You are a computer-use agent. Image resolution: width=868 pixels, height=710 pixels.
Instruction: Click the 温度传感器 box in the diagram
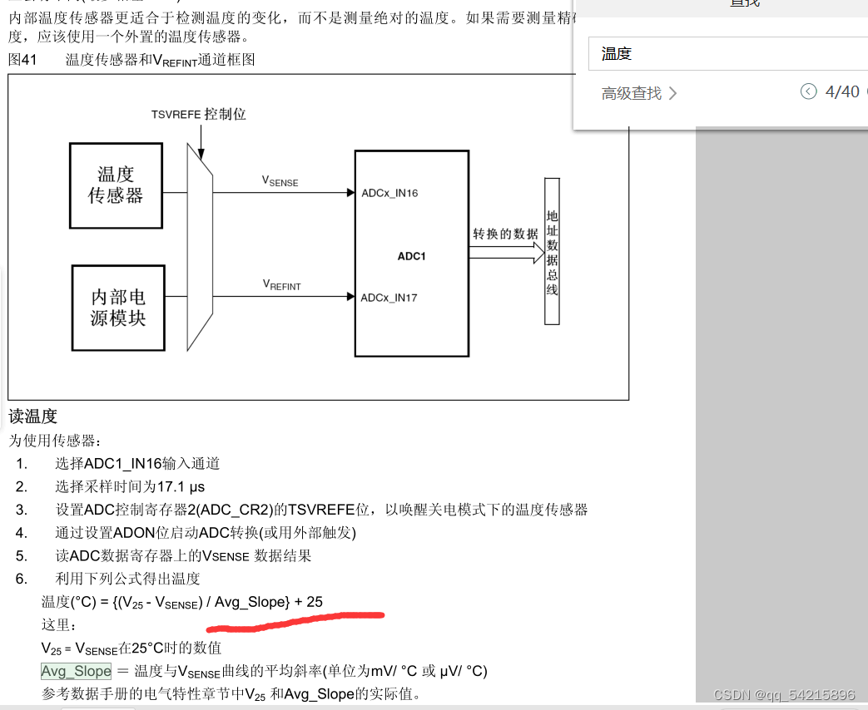(116, 185)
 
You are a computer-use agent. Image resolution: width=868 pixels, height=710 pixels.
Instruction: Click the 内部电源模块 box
(117, 307)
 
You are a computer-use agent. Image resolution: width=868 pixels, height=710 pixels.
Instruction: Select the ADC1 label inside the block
(411, 256)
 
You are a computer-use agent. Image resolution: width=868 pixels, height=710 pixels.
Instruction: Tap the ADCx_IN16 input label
(389, 193)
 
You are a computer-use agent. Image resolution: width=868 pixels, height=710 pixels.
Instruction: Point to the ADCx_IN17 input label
(389, 298)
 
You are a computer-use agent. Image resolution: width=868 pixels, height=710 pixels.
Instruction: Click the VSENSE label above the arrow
(280, 180)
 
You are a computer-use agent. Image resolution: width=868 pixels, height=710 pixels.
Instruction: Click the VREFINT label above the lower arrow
(282, 284)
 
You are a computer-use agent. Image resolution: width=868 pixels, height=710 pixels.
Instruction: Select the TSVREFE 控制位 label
(199, 115)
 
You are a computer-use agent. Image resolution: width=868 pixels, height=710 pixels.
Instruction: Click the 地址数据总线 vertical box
(552, 251)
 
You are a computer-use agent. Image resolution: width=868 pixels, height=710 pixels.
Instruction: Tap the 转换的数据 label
(506, 234)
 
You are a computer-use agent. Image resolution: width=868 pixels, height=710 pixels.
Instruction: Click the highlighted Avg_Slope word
(76, 671)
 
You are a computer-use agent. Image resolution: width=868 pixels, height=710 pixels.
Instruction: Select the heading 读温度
(32, 417)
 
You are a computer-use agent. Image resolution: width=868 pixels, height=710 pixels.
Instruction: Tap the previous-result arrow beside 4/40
(809, 91)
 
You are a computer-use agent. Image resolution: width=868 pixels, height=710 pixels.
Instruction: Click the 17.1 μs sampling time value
(181, 486)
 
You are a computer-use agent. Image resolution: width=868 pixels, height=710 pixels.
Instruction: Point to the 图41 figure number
(25, 60)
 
